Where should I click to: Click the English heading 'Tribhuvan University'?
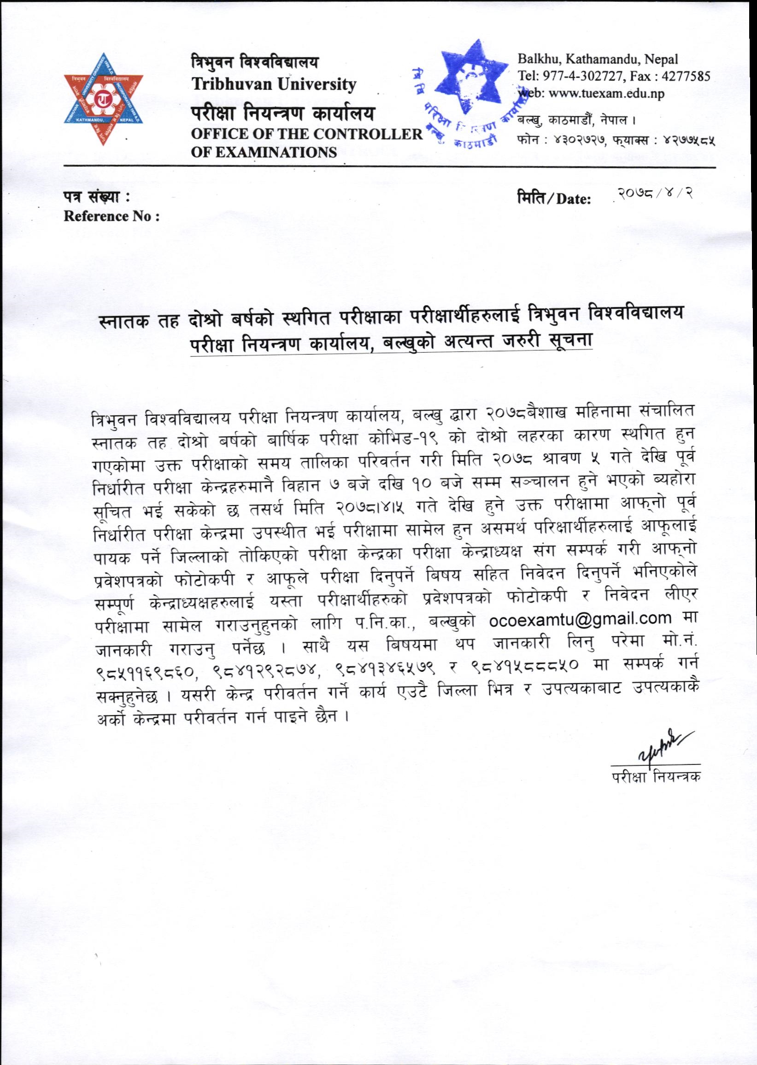click(x=275, y=84)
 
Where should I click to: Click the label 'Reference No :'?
click(x=112, y=216)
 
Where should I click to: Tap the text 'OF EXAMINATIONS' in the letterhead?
click(x=264, y=152)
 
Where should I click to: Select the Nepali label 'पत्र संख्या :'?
click(x=96, y=198)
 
